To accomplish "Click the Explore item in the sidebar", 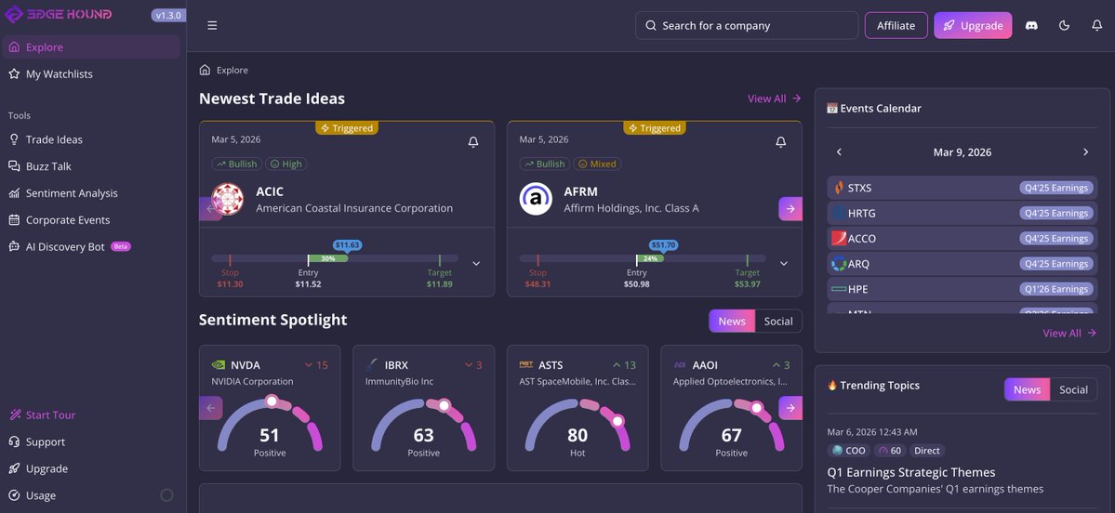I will pos(45,47).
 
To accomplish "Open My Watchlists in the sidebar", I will pos(59,74).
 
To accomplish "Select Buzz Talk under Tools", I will pos(48,166).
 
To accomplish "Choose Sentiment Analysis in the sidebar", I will pos(72,193).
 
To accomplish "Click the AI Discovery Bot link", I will pos(65,247).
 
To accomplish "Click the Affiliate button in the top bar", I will pos(896,26).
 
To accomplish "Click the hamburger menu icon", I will pos(212,26).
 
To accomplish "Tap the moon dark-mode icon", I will pos(1064,26).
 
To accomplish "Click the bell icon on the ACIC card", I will pos(473,142).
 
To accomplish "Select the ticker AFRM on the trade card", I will pos(581,191).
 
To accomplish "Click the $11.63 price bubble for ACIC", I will pos(347,245).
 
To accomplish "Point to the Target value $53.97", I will pos(747,284).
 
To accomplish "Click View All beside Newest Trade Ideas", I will pos(774,99).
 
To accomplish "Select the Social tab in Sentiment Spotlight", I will pos(777,322).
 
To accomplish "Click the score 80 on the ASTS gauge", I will pos(577,435).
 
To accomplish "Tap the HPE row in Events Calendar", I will pos(962,289).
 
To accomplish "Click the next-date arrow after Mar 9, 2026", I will pos(1085,152).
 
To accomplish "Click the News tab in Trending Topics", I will pos(1027,389).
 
